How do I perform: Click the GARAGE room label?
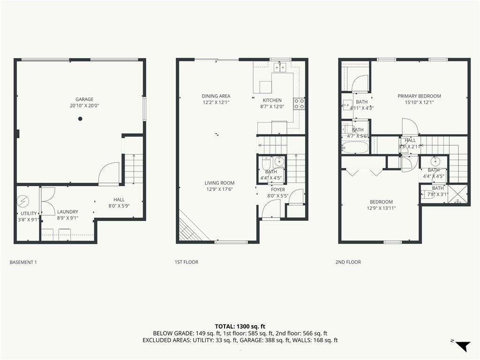[84, 99]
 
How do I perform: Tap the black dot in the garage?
[80, 119]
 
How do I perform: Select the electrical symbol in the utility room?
[23, 201]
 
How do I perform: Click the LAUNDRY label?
[67, 211]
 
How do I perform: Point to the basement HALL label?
[119, 200]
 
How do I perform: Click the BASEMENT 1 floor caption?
[23, 262]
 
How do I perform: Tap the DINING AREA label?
[216, 96]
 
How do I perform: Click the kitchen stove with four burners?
[299, 104]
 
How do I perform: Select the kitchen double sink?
[280, 67]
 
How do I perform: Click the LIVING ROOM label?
[219, 183]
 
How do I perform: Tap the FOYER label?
[277, 190]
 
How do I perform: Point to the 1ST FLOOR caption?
[187, 262]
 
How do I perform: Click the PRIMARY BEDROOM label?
[419, 96]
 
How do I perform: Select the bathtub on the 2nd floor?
[355, 147]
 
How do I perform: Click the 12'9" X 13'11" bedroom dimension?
[381, 209]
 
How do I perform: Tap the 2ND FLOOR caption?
[348, 262]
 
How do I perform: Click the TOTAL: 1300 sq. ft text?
[240, 326]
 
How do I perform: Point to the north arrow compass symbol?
[463, 346]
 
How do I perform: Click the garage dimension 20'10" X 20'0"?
[84, 106]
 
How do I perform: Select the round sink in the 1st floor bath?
[279, 161]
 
